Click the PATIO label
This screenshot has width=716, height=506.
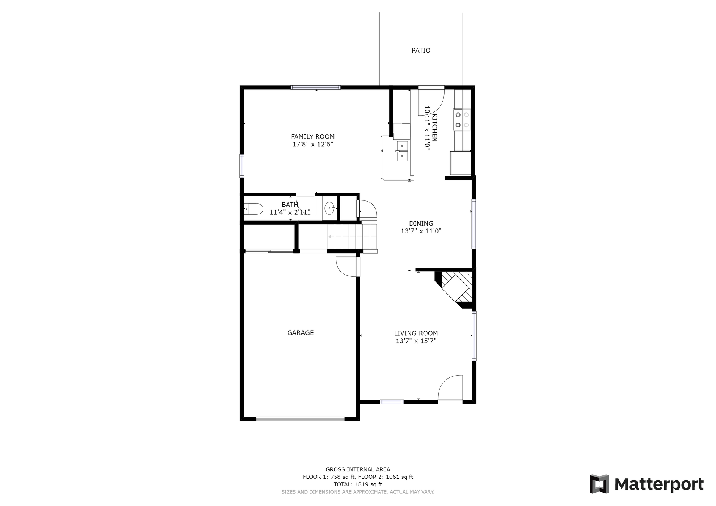click(421, 50)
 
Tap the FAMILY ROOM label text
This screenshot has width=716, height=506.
click(313, 137)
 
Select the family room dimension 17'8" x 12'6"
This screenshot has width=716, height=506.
click(313, 144)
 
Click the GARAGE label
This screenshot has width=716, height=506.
click(300, 333)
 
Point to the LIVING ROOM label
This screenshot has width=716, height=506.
click(416, 333)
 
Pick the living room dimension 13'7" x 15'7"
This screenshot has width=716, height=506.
click(416, 341)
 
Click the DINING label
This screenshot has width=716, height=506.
click(421, 224)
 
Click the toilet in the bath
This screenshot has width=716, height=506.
click(254, 209)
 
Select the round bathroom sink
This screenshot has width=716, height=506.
click(329, 208)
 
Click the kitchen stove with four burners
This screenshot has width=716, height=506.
click(462, 120)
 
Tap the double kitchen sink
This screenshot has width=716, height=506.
click(402, 151)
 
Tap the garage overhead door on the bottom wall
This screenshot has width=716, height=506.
click(300, 419)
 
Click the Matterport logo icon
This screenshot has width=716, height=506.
click(599, 484)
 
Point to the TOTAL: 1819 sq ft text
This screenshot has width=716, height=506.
click(358, 484)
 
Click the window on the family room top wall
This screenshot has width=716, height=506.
click(315, 88)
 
